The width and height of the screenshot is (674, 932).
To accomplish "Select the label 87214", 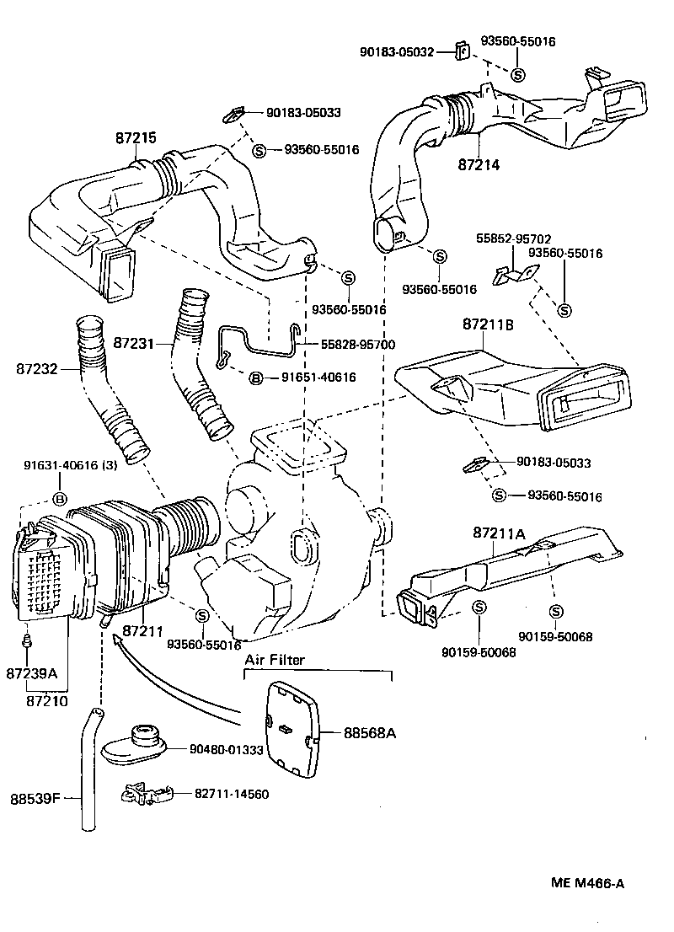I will pos(479,165).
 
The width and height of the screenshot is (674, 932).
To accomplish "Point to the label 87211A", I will pos(499,533).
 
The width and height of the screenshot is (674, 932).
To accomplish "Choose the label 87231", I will pos(134,344).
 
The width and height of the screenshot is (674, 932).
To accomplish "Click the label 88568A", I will pos(369,733).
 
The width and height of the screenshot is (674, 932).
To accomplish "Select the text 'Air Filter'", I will pos(275,661).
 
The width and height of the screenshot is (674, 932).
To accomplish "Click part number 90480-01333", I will pos(227,748).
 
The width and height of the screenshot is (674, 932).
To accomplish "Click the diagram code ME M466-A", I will pos(587,883).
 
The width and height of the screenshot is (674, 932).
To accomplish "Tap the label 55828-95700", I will pos(357,345).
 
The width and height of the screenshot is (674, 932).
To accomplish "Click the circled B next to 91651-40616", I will pos(254,378).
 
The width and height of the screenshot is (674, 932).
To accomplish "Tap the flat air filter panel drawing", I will pos(291,731).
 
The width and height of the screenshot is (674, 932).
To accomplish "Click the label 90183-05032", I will pos(397,52).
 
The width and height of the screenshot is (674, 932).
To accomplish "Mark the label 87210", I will pos(47,699).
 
